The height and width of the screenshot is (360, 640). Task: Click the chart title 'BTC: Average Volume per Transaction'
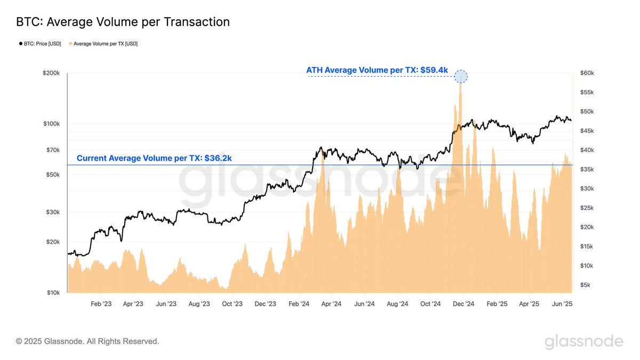coord(123,22)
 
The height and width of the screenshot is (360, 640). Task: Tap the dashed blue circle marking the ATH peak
coord(461,76)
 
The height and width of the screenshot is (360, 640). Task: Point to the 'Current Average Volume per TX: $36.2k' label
coord(154,158)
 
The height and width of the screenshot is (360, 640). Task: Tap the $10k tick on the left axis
coord(53,293)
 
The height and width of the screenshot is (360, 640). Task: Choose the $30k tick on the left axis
coord(53,212)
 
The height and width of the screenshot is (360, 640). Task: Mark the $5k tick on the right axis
coord(585,285)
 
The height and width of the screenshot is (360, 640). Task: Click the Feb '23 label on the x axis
coord(101,304)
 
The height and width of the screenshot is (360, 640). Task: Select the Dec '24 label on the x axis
coord(463,304)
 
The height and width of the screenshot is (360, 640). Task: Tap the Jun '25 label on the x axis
coord(562,304)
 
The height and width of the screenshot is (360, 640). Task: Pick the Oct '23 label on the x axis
coord(232,304)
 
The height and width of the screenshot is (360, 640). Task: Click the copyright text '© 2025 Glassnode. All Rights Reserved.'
coord(87,341)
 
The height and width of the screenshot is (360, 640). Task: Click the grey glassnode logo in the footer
coord(583,341)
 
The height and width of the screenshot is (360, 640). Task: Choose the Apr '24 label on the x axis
coord(331,304)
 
